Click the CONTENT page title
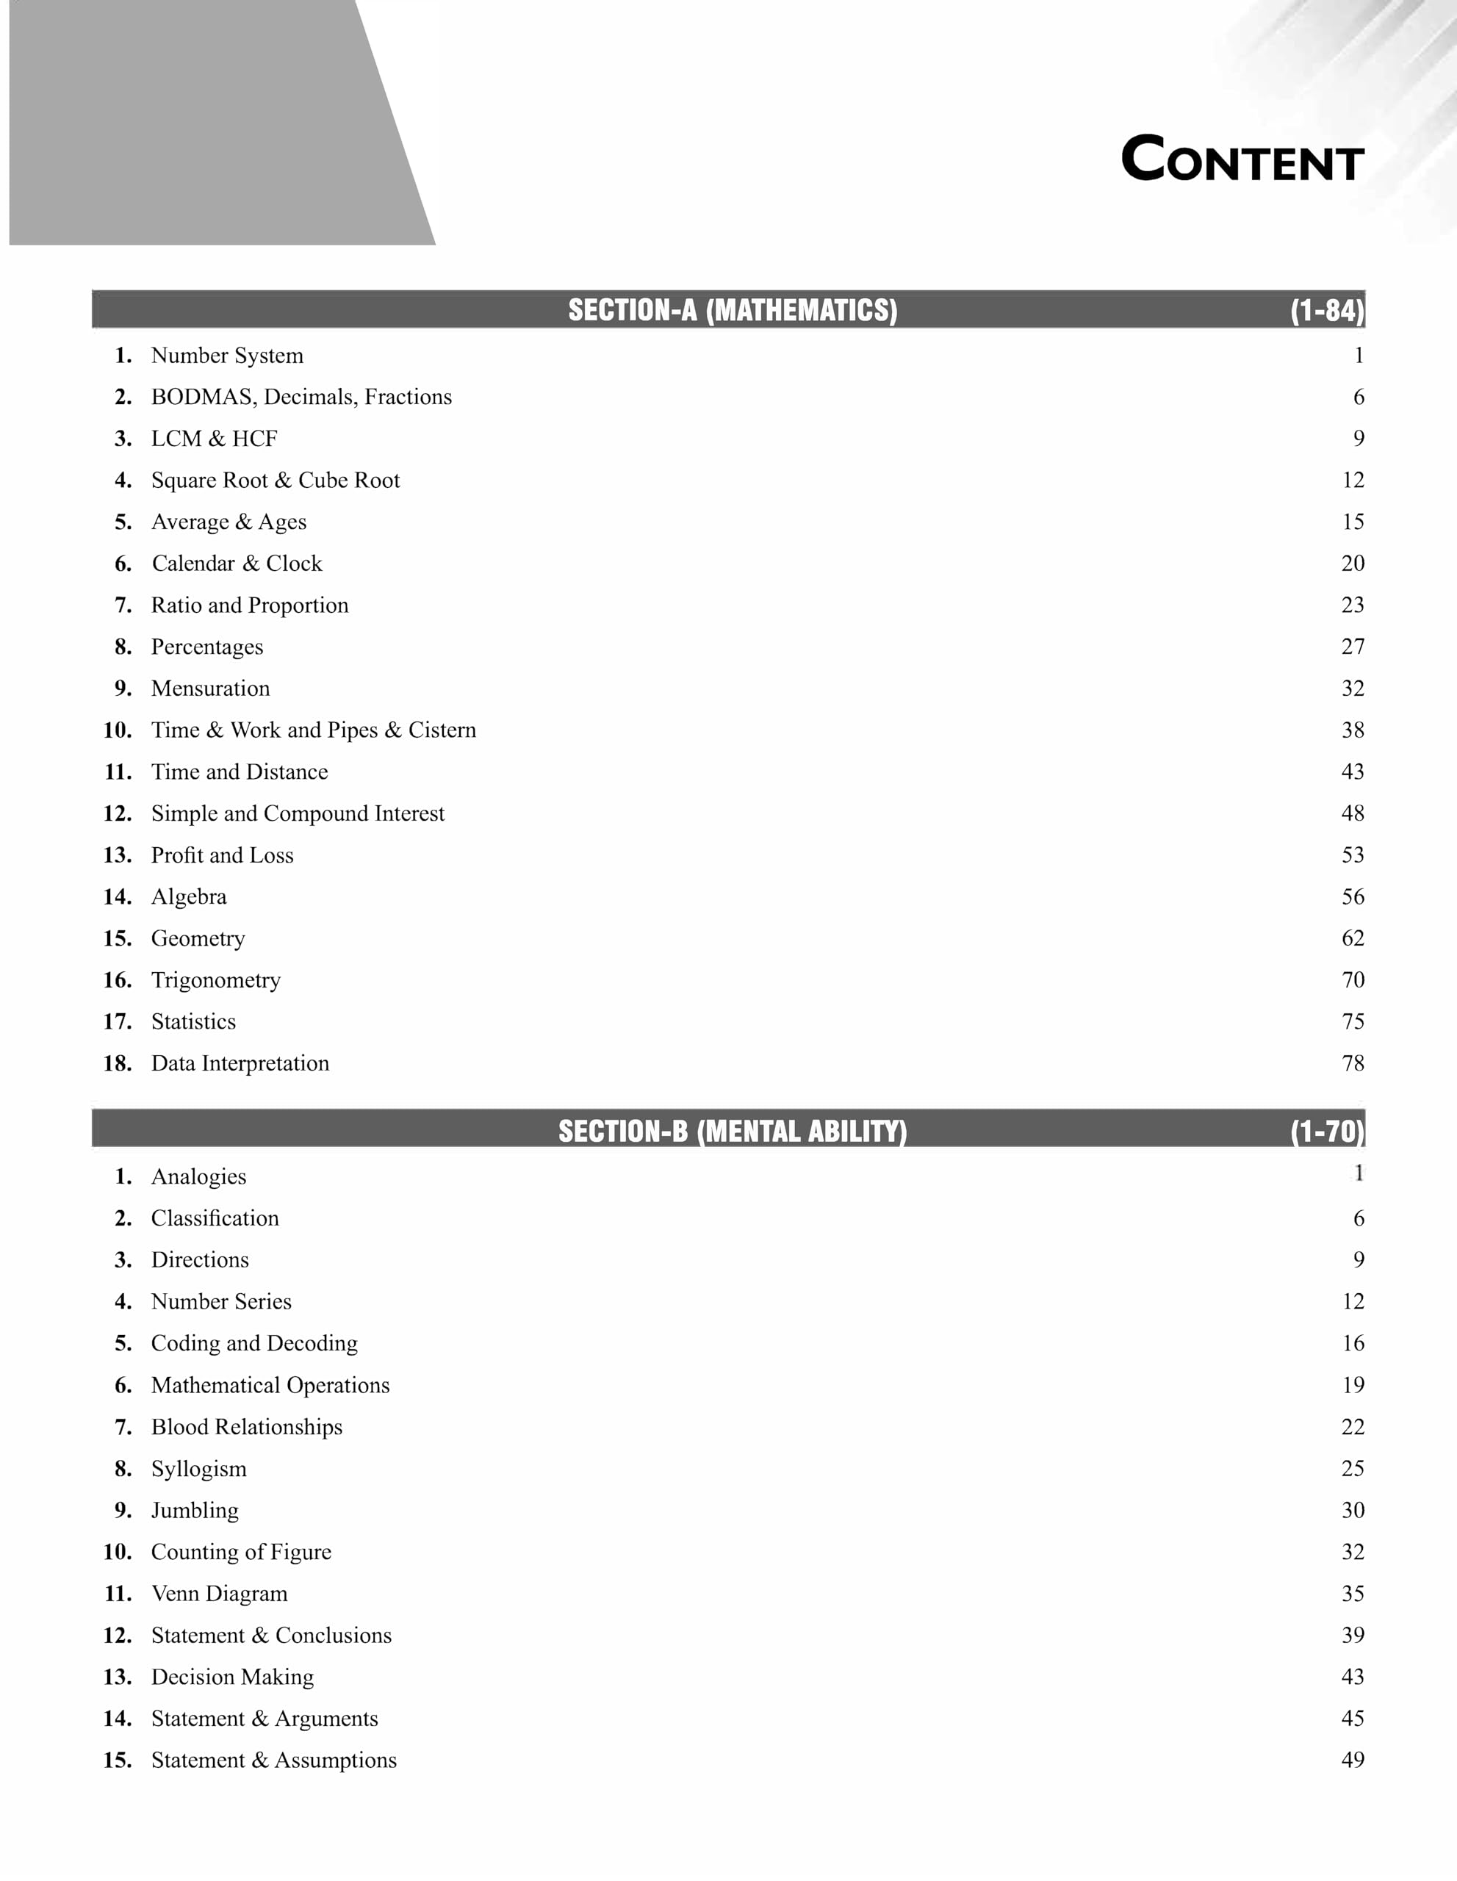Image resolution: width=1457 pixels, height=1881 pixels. [1242, 159]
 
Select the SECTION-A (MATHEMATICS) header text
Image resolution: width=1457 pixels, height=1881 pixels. [732, 310]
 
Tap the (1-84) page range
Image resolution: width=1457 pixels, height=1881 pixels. [1326, 310]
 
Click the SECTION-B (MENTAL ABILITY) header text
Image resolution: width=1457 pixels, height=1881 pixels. [732, 1131]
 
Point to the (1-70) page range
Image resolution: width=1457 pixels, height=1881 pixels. [1326, 1131]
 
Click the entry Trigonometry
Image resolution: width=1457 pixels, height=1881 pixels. [215, 980]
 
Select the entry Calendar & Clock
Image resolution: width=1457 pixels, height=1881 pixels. [237, 564]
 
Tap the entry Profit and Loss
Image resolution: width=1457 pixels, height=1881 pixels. [222, 855]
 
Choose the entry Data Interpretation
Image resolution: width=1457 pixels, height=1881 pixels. [240, 1064]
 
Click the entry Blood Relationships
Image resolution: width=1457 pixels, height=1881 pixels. [246, 1427]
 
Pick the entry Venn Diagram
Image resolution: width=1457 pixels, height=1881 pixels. [220, 1593]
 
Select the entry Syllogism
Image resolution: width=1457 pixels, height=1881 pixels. [199, 1469]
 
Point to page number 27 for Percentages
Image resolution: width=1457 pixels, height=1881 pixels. [1352, 647]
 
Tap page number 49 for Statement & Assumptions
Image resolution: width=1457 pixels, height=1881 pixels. [1352, 1760]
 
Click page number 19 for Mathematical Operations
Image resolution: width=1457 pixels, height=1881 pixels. [1352, 1385]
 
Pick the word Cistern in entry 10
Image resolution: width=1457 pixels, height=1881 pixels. [442, 730]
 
